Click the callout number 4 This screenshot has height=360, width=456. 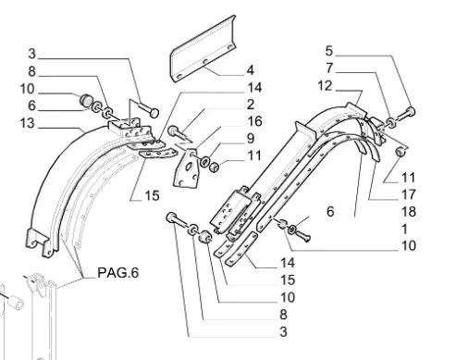[x=251, y=70]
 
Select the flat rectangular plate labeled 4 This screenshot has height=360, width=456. [x=203, y=49]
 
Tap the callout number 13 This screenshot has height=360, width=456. [x=27, y=123]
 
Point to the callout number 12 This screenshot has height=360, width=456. [x=325, y=86]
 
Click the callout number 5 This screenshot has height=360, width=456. [x=329, y=51]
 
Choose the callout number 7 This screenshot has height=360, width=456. [x=329, y=68]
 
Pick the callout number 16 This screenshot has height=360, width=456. [x=254, y=121]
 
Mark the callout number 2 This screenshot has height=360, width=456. [x=251, y=105]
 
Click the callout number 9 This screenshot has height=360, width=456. [x=251, y=139]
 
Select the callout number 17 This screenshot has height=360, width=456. [x=409, y=194]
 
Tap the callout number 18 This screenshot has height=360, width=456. [x=409, y=212]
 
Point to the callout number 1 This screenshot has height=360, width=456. [x=405, y=230]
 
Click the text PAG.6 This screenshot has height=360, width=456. [x=118, y=273]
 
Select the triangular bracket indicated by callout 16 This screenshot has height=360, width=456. [x=186, y=168]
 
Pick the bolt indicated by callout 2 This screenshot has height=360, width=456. [x=179, y=133]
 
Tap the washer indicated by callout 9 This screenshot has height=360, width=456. [x=204, y=161]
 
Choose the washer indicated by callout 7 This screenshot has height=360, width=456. [x=391, y=122]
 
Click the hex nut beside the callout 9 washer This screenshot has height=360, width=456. [x=214, y=167]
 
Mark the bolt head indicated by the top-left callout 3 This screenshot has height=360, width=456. [x=154, y=113]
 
